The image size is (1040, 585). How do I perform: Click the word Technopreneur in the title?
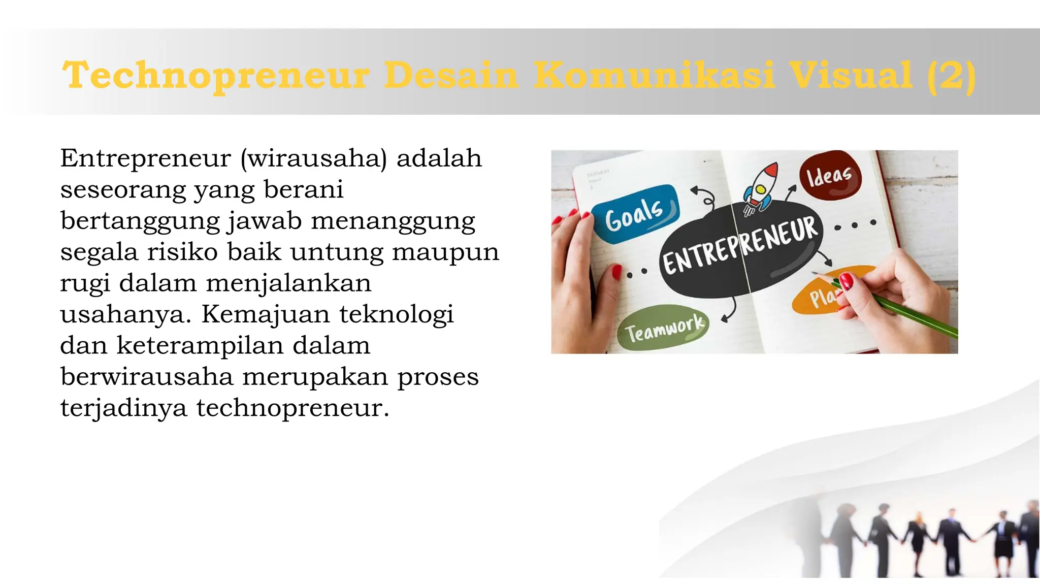216,75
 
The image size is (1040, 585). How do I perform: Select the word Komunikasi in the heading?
654,75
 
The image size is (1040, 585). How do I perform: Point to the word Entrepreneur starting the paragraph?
145,158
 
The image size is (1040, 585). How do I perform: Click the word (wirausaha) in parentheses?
313,158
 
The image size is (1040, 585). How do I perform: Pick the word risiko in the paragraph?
182,252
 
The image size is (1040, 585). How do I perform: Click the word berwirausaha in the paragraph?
146,377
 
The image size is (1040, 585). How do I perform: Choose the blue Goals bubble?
635,213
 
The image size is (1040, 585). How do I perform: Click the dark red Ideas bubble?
830,176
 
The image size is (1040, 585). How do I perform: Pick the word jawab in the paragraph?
265,221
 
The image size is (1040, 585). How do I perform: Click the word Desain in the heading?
450,75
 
